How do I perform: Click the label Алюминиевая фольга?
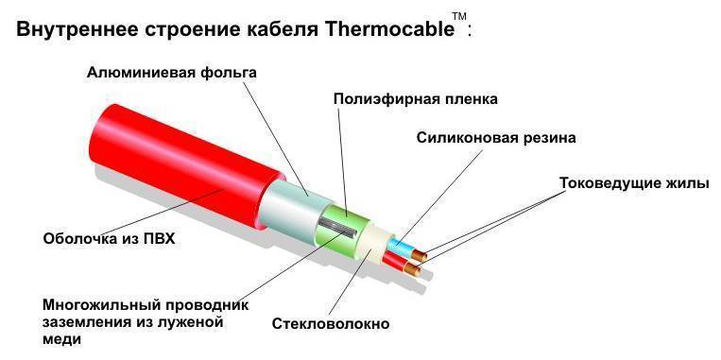[171, 73]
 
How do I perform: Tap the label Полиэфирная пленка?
[415, 98]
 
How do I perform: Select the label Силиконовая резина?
[496, 137]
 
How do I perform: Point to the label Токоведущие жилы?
[633, 182]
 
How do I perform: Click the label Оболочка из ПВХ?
[110, 239]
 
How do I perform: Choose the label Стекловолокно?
[330, 324]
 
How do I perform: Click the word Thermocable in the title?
[389, 28]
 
